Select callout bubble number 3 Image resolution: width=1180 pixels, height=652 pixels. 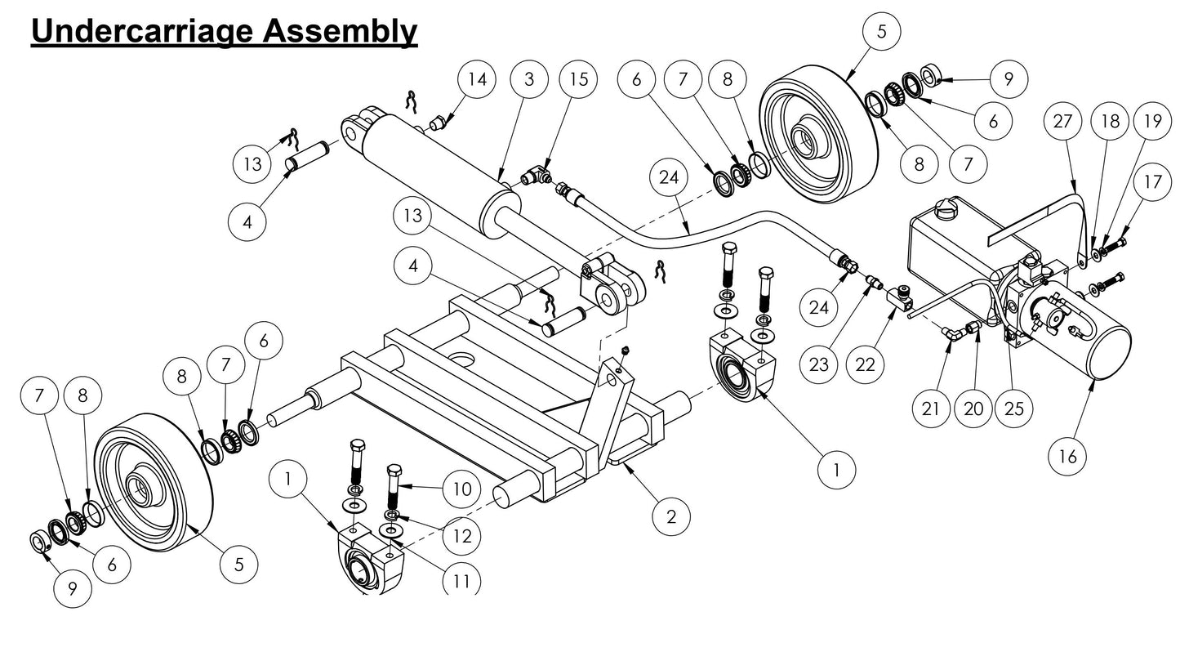click(530, 80)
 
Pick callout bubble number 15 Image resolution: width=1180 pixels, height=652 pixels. click(578, 80)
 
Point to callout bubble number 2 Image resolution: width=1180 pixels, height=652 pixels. click(671, 516)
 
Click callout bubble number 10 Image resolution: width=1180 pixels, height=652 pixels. click(462, 489)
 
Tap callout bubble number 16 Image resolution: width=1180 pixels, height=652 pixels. click(1068, 457)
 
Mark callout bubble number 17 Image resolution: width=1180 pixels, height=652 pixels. click(1152, 183)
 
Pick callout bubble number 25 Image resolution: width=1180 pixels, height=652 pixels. click(1013, 409)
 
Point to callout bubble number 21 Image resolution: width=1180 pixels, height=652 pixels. click(931, 409)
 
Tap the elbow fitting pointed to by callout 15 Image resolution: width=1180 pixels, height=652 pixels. click(536, 174)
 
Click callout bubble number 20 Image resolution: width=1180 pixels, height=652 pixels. click(973, 409)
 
